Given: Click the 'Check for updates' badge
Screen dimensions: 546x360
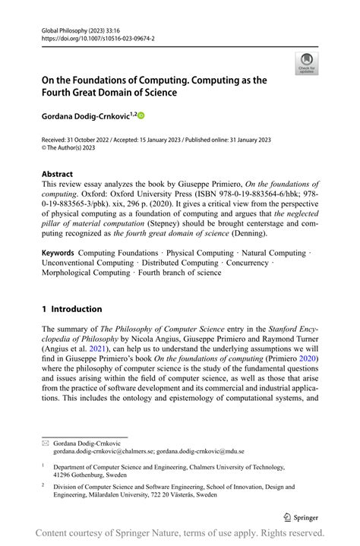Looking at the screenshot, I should coord(307,63).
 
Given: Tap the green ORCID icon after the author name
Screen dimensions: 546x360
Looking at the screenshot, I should coord(141,115).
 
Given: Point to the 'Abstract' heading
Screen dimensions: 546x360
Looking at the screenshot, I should coord(58,172).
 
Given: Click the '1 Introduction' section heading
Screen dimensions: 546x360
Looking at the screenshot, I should coord(71,309).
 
